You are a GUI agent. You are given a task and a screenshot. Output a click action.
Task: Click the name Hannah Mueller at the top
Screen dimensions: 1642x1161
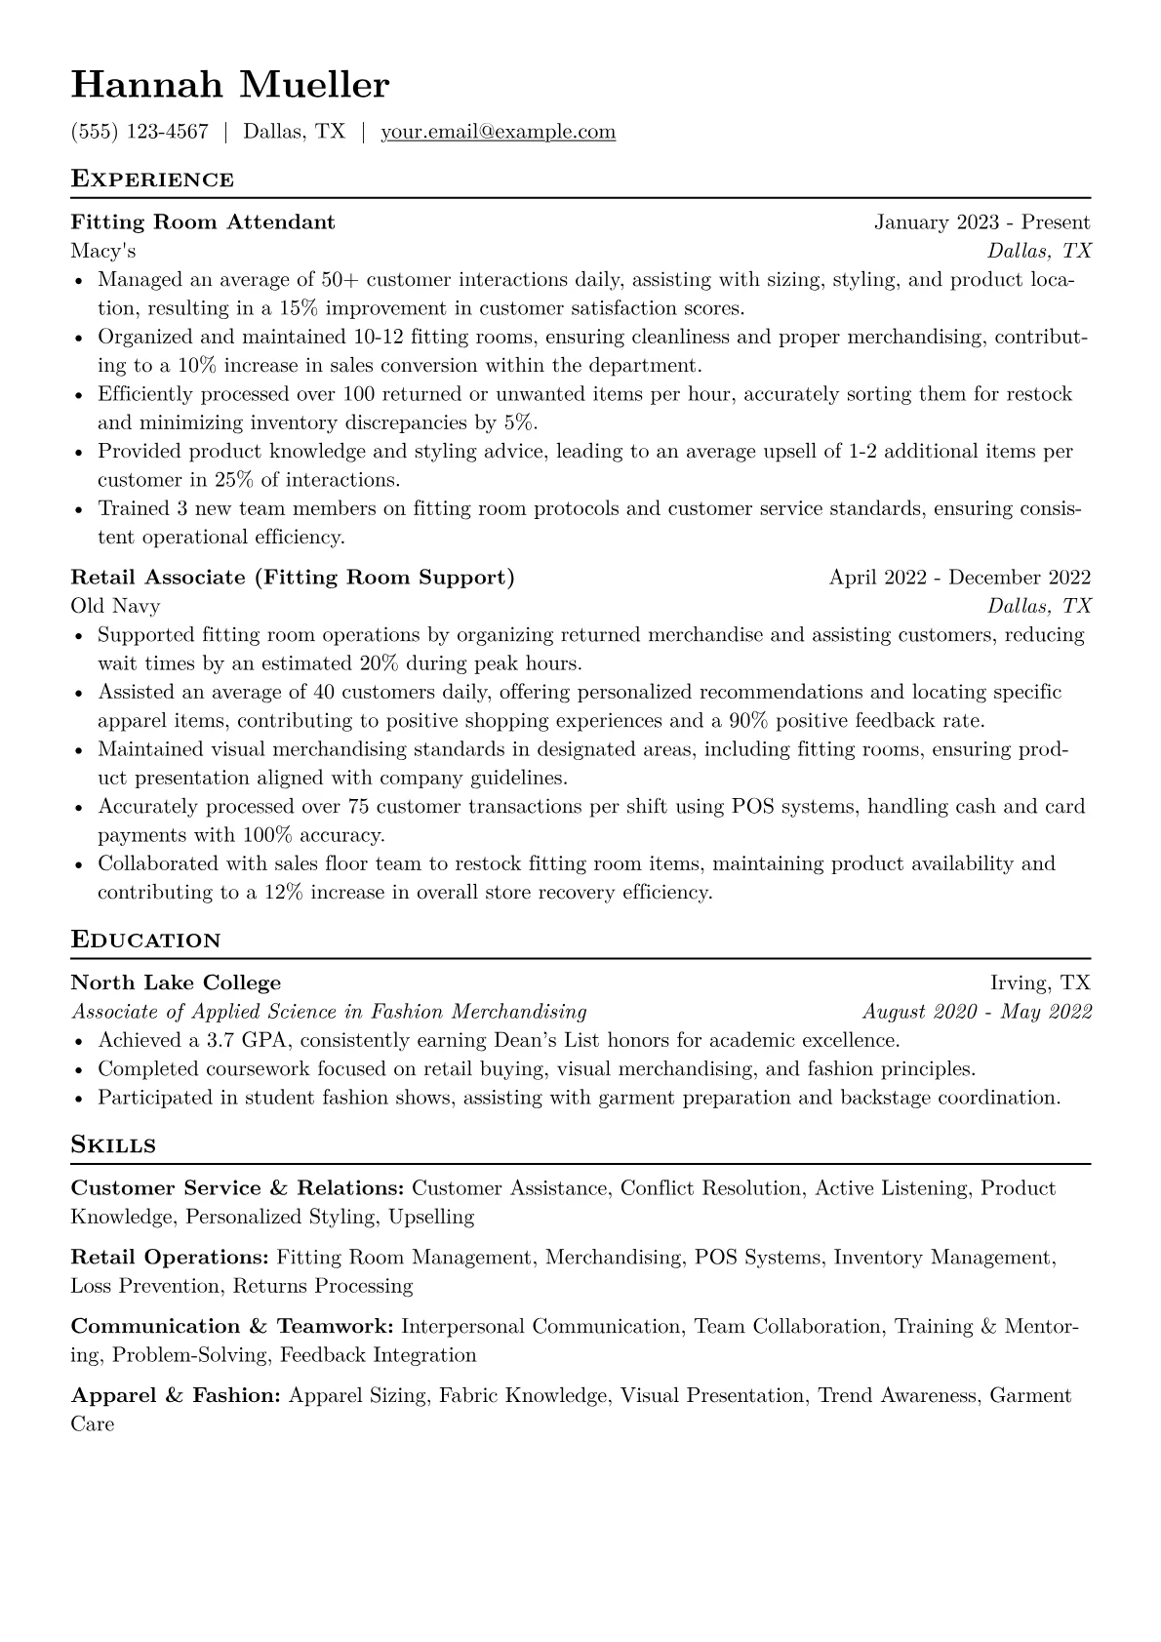[x=230, y=86]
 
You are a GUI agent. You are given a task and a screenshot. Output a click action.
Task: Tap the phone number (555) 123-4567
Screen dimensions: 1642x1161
[x=140, y=132]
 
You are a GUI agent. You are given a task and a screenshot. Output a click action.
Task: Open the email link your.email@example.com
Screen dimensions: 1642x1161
[x=498, y=132]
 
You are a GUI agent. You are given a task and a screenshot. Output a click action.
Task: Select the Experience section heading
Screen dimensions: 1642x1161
[x=152, y=180]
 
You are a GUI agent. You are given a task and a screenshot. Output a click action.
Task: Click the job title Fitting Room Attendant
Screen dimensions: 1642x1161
[x=203, y=222]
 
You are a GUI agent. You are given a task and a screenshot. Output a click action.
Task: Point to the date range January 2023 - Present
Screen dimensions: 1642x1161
[x=981, y=222]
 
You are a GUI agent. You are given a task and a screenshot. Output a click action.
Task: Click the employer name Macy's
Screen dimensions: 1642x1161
[x=103, y=252]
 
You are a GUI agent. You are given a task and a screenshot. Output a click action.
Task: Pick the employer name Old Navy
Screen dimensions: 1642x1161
[x=115, y=606]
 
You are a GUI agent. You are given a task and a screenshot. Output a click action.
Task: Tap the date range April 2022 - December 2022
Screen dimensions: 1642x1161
[x=959, y=578]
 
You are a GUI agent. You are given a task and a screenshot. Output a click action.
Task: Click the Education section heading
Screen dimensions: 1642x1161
[x=146, y=941]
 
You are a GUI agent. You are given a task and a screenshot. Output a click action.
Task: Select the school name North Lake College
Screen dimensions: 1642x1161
[x=176, y=983]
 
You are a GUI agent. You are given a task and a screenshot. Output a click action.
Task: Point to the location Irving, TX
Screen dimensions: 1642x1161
[x=1040, y=983]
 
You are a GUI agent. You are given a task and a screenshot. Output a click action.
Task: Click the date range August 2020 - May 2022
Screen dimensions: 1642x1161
[x=977, y=1012]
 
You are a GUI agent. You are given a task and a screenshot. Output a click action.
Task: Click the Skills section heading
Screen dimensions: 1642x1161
[x=113, y=1145]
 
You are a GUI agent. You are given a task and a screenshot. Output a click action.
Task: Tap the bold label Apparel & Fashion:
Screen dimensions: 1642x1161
[x=177, y=1396]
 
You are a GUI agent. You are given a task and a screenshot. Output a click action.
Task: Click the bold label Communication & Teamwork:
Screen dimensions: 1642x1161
[x=232, y=1327]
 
